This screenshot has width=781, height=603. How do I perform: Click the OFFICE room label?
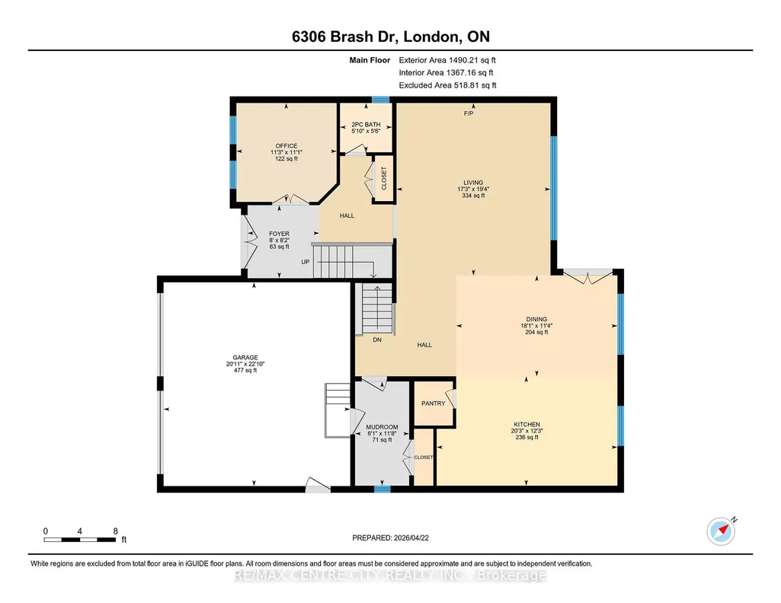[x=286, y=145]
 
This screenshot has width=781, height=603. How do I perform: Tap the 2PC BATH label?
[x=366, y=124]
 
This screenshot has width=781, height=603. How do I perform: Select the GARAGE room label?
[x=245, y=357]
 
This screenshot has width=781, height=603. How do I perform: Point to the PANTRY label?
[x=434, y=404]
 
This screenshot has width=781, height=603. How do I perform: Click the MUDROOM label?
[x=382, y=427]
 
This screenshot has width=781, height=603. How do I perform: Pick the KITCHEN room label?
[x=527, y=424]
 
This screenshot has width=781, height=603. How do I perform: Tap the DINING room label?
[x=536, y=320]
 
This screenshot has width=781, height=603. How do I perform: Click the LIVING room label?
[x=473, y=183]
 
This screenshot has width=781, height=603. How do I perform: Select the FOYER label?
[x=279, y=234]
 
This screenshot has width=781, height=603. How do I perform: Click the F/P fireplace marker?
[x=469, y=113]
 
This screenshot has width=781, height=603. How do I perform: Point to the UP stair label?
[x=306, y=262]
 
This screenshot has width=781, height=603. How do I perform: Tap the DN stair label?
[x=377, y=340]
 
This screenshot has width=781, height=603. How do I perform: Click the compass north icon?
[x=721, y=531]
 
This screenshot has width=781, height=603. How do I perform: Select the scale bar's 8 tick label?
[x=116, y=531]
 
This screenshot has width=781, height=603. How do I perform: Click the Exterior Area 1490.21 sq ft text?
[x=447, y=60]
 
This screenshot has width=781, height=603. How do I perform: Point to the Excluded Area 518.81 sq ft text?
[x=448, y=85]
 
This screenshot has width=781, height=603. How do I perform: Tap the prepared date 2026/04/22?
[x=411, y=538]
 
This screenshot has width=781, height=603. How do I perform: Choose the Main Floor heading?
[x=370, y=60]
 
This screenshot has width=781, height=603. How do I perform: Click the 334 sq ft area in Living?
[x=473, y=196]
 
